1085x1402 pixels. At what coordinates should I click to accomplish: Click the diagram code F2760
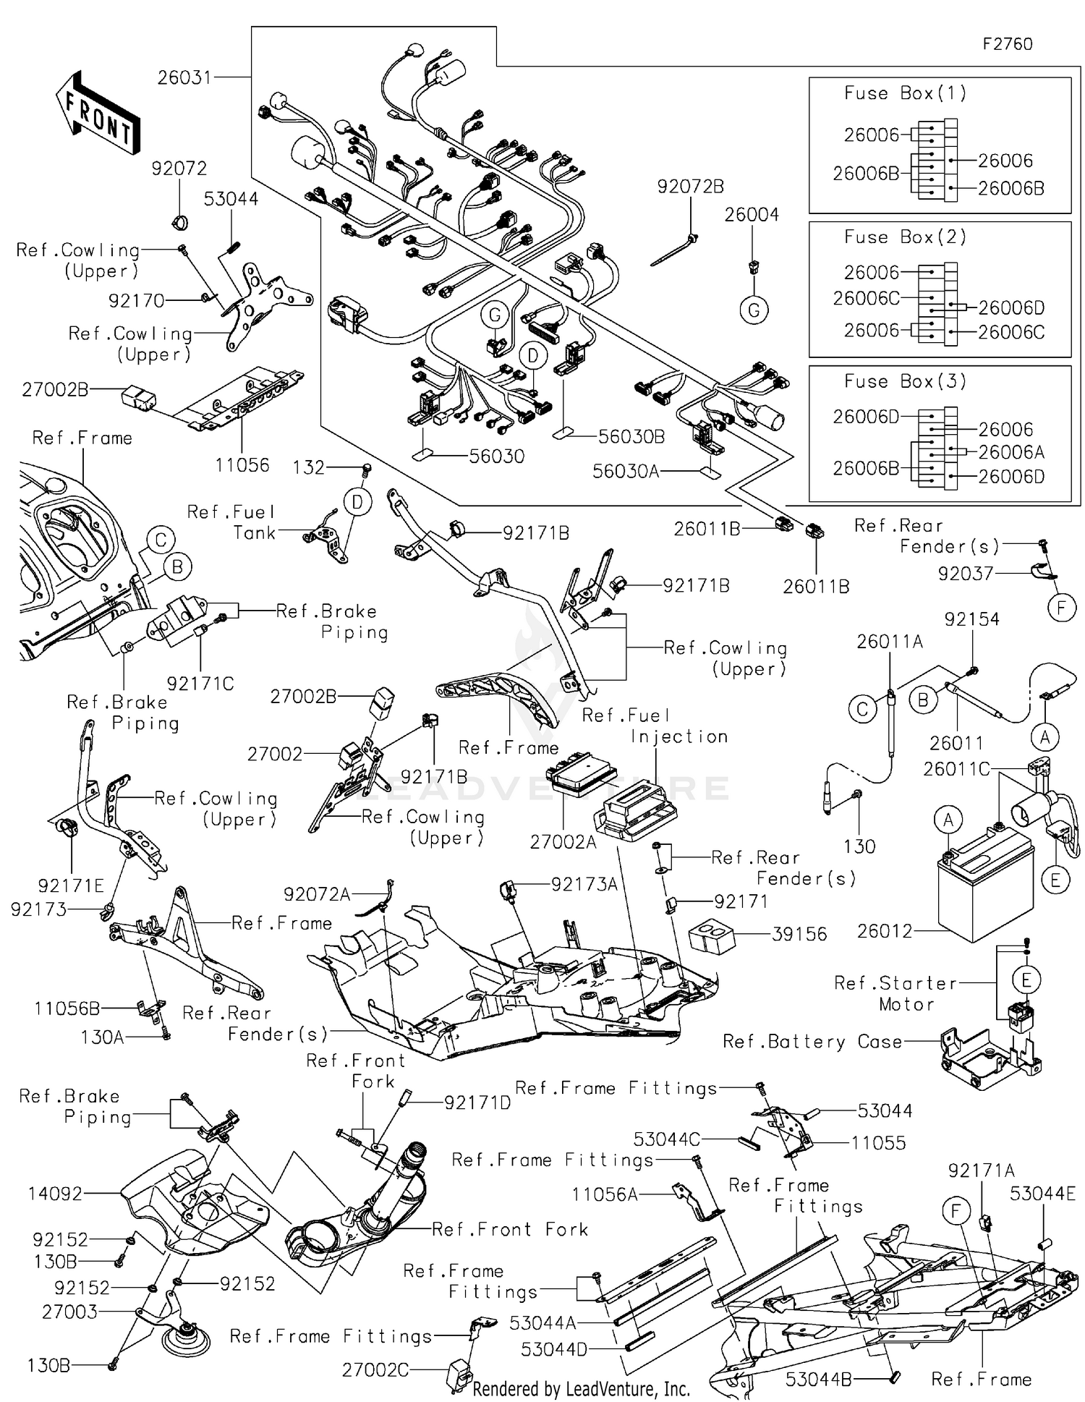click(1007, 44)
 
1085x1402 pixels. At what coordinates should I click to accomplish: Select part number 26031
click(184, 77)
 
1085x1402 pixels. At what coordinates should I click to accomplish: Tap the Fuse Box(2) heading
click(905, 237)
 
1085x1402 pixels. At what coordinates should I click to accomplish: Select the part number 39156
click(799, 934)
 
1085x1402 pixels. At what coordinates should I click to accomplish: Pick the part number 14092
click(55, 1194)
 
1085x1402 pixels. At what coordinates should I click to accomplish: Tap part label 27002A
click(563, 842)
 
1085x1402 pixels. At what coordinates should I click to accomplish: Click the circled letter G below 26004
click(754, 310)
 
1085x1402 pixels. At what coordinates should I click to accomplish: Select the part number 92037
click(965, 574)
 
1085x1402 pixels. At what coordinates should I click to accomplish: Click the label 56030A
click(625, 472)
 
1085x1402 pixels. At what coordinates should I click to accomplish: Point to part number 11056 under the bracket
click(242, 465)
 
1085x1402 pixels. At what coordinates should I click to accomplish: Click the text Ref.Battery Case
click(812, 1042)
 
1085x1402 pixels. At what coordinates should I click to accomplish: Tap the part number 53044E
click(1042, 1194)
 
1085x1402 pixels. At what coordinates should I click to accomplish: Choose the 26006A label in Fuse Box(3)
click(1010, 452)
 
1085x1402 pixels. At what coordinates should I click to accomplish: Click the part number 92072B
click(690, 187)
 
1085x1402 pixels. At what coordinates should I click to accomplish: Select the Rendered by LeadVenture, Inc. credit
click(581, 1389)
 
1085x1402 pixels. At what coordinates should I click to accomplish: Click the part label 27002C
click(375, 1369)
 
